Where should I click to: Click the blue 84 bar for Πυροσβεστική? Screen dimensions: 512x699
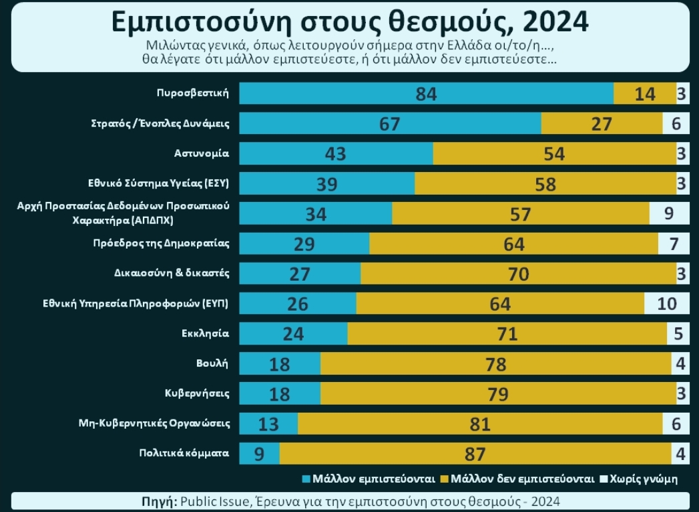click(x=426, y=93)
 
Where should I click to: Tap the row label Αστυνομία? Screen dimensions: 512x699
click(x=202, y=153)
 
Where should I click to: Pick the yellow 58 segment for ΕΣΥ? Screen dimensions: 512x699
click(x=545, y=183)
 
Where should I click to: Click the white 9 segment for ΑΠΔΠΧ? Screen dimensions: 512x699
click(x=669, y=213)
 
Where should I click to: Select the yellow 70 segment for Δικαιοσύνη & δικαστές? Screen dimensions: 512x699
click(x=518, y=273)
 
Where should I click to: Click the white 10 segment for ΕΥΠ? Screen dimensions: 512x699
click(x=666, y=303)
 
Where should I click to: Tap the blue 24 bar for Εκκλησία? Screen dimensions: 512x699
click(x=293, y=333)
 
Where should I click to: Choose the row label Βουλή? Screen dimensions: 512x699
click(x=215, y=363)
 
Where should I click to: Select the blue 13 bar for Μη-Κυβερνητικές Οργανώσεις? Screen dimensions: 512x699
click(x=268, y=423)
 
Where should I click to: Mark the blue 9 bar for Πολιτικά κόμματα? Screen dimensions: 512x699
click(x=259, y=453)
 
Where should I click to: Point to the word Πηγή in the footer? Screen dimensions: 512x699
click(x=159, y=501)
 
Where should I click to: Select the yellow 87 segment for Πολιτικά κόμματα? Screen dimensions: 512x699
click(x=475, y=453)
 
